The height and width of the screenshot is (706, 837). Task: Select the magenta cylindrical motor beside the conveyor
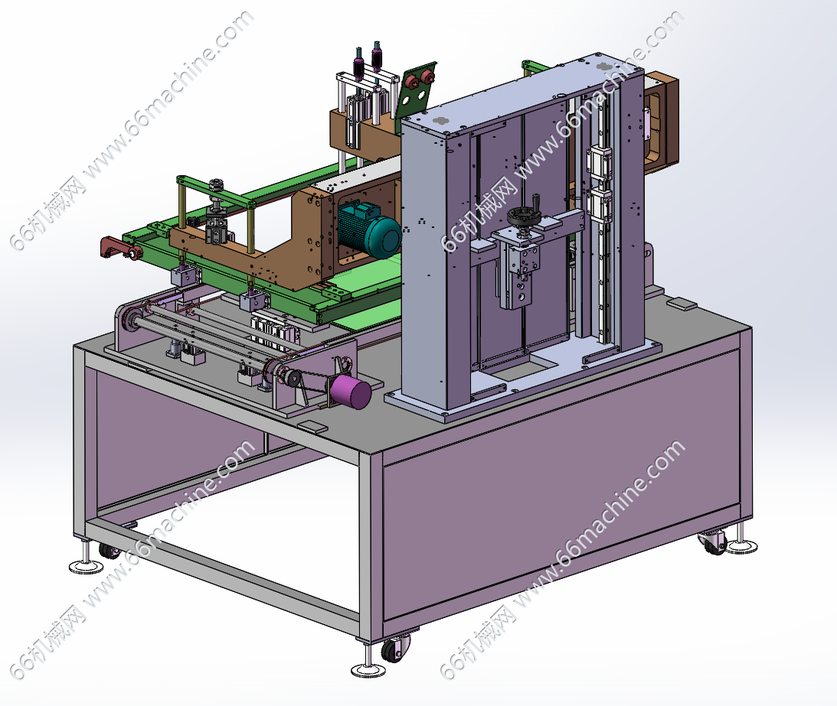click(350, 392)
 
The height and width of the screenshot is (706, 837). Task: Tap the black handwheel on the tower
click(521, 217)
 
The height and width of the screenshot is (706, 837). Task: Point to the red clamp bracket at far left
click(119, 248)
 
